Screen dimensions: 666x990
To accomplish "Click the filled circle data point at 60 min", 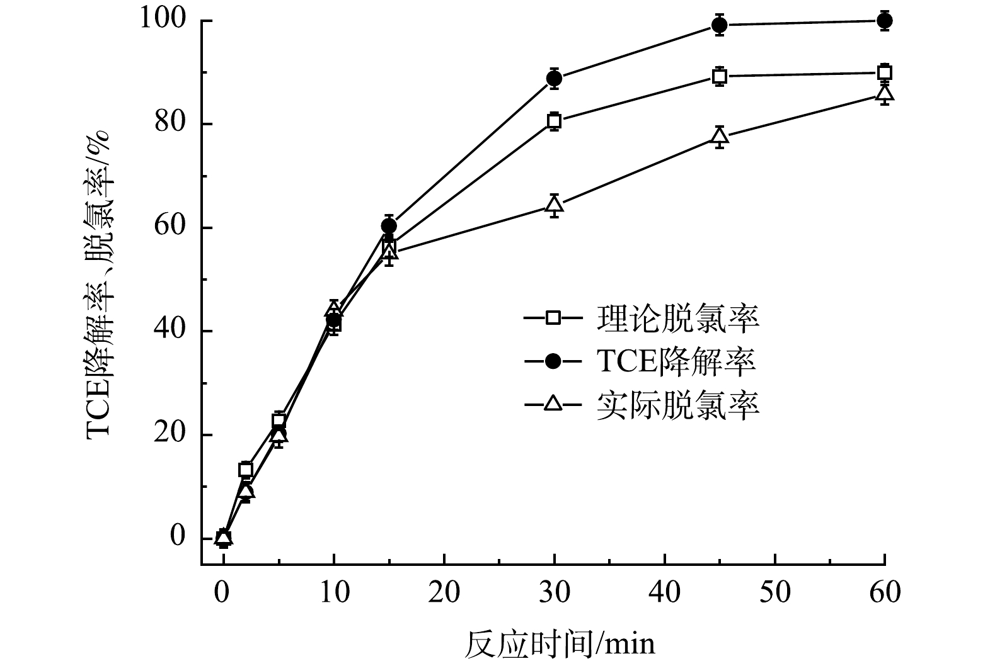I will [x=884, y=21].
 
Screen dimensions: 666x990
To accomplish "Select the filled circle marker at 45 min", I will [x=719, y=25].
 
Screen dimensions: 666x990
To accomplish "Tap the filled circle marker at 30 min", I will [x=554, y=79].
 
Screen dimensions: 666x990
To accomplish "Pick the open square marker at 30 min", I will [x=554, y=121].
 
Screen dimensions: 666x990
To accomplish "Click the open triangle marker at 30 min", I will [x=554, y=204].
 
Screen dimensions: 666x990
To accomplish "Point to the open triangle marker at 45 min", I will [x=719, y=135].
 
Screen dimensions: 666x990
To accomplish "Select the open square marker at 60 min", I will [x=884, y=72].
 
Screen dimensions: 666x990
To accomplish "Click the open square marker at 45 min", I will [x=719, y=77].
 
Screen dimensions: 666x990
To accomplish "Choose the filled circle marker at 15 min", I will [x=389, y=225].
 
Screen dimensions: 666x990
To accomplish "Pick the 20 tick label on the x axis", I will [x=444, y=592].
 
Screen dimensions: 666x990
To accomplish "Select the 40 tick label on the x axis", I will [x=664, y=592].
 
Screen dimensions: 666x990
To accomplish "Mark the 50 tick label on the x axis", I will [x=774, y=592].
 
